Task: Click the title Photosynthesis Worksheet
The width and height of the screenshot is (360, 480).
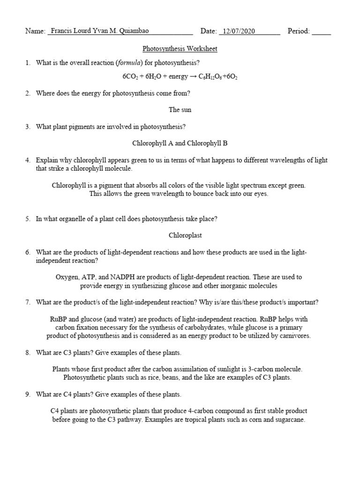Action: [180, 49]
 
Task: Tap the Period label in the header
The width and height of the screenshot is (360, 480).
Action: [299, 31]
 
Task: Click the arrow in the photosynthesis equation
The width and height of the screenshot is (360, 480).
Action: [192, 76]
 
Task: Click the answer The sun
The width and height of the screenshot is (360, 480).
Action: [180, 110]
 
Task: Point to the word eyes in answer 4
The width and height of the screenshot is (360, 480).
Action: [260, 194]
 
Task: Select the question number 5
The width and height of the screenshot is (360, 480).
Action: [28, 218]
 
